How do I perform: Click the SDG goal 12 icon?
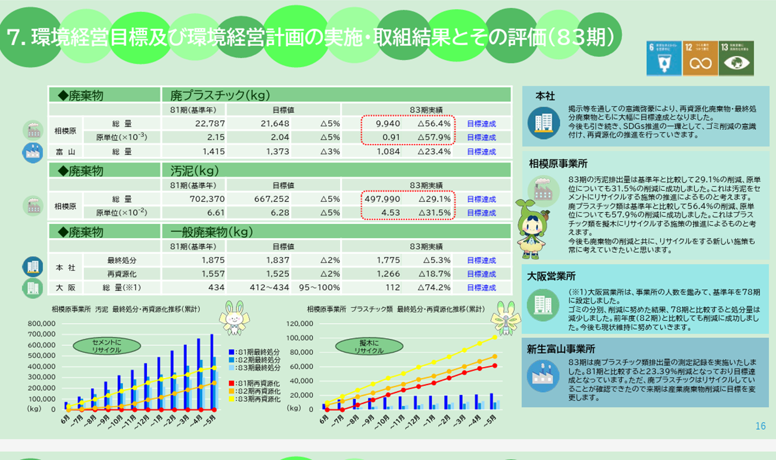700,58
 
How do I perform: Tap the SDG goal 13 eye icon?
736,58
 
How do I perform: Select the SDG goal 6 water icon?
664,58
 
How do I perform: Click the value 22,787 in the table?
210,124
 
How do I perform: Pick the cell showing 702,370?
207,199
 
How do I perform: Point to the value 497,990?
382,199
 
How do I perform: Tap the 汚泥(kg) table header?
194,171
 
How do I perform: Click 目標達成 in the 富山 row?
481,152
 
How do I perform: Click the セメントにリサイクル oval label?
107,346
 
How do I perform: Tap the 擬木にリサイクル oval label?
369,347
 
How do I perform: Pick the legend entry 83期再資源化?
255,399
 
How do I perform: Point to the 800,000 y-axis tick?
41,324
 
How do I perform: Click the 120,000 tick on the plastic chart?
299,324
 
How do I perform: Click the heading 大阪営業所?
551,276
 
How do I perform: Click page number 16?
760,426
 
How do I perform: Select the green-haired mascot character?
532,229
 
